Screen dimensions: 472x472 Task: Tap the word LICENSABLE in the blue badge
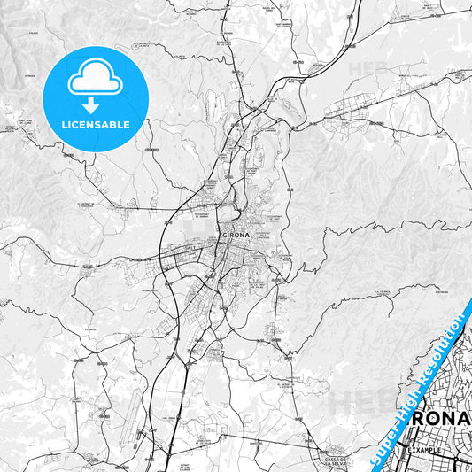click(94, 124)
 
